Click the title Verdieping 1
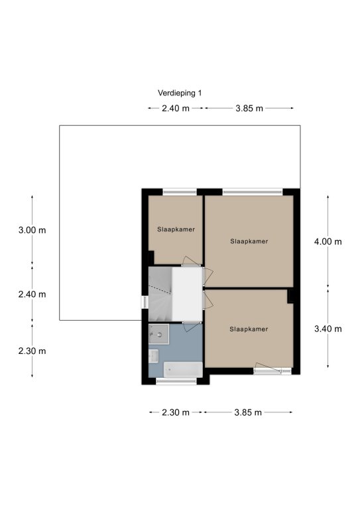pyautogui.click(x=180, y=93)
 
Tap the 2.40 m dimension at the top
pyautogui.click(x=176, y=109)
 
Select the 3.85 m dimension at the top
pyautogui.click(x=249, y=109)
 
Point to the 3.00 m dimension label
pyautogui.click(x=32, y=231)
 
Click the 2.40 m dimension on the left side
pyautogui.click(x=32, y=294)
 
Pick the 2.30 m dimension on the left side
pyautogui.click(x=32, y=351)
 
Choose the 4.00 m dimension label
pyautogui.click(x=328, y=242)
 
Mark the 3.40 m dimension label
pyautogui.click(x=328, y=329)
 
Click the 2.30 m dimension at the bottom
pyautogui.click(x=176, y=413)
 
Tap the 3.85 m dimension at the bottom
pyautogui.click(x=248, y=413)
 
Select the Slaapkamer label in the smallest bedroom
pyautogui.click(x=176, y=229)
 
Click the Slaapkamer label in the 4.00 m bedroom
pyautogui.click(x=249, y=241)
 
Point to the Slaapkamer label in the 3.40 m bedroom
pyautogui.click(x=249, y=329)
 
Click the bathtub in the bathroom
pyautogui.click(x=183, y=370)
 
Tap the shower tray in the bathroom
pyautogui.click(x=158, y=334)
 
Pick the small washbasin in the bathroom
pyautogui.click(x=154, y=356)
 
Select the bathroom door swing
pyautogui.click(x=192, y=327)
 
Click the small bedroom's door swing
pyautogui.click(x=191, y=261)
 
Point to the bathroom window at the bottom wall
pyautogui.click(x=176, y=382)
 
